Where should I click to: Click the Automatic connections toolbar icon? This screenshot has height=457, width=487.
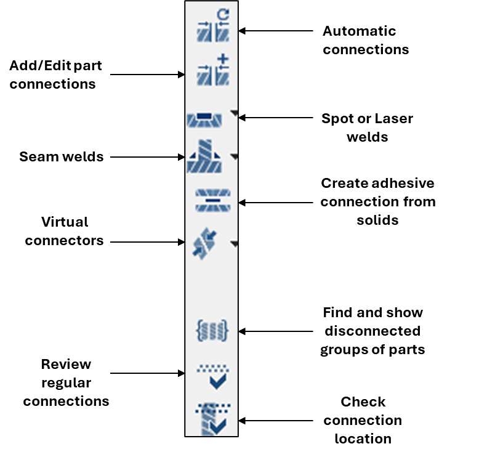(213, 29)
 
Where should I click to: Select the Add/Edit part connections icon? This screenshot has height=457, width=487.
(213, 71)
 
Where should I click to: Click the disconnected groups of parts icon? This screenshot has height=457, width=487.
(212, 330)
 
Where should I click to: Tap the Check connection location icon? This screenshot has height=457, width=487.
(212, 419)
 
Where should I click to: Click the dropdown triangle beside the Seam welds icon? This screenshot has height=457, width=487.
(234, 157)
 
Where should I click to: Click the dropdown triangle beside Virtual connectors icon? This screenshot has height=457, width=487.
(234, 245)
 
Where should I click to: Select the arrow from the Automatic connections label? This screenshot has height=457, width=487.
(277, 30)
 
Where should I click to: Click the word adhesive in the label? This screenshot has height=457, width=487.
(403, 184)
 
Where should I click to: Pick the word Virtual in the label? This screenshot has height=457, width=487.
(65, 222)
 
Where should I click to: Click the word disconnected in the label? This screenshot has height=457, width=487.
(372, 331)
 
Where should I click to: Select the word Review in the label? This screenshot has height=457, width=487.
(66, 364)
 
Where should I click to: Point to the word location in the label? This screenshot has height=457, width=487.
(363, 439)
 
